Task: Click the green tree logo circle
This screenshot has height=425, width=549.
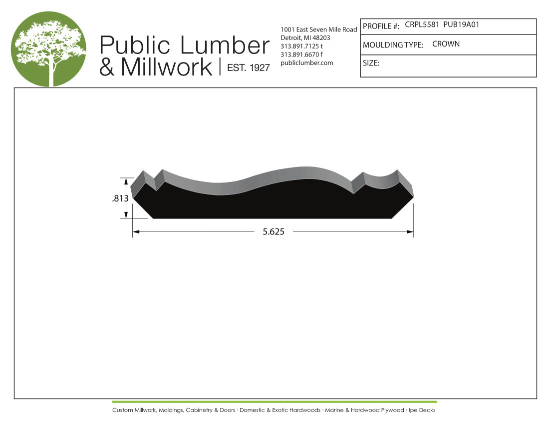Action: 48,49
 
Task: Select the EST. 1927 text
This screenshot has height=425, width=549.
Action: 248,68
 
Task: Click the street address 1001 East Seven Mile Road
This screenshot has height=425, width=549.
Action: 319,29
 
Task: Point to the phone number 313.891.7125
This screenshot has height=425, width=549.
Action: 299,46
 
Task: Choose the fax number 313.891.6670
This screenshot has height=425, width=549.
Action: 299,54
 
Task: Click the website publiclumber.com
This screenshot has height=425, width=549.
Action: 307,62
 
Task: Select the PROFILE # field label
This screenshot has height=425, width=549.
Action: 381,26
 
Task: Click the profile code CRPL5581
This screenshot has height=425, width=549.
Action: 422,24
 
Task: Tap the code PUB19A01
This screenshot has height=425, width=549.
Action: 461,24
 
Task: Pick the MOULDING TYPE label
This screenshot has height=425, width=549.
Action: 393,45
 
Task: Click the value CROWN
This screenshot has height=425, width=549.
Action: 446,44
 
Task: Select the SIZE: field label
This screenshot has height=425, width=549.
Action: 371,63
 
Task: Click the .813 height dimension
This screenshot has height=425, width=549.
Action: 120,198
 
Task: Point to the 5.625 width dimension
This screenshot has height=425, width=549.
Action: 273,232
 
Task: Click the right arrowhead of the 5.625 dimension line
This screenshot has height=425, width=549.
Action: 410,232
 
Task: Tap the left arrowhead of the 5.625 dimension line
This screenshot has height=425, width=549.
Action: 136,232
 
